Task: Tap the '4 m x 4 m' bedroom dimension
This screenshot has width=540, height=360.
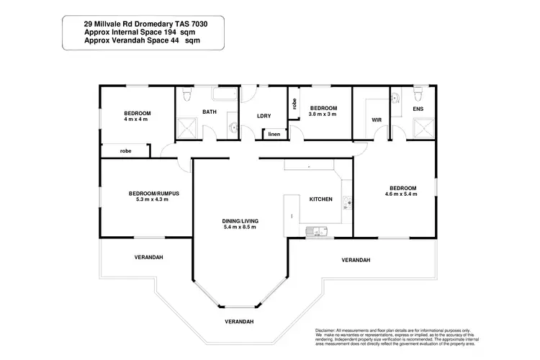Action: tap(136, 120)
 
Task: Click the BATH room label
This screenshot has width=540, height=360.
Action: tap(210, 112)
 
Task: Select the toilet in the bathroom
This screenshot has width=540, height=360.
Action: tap(187, 94)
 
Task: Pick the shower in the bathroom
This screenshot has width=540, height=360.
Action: tap(189, 128)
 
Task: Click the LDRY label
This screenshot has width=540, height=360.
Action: tap(264, 117)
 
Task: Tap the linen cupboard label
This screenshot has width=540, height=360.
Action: tap(274, 134)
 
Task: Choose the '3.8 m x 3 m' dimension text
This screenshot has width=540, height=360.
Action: tap(323, 114)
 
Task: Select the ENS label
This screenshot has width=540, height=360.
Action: tap(418, 109)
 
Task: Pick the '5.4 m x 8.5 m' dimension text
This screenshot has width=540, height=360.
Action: tap(240, 228)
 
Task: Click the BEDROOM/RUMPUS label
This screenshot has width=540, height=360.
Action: tap(153, 193)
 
